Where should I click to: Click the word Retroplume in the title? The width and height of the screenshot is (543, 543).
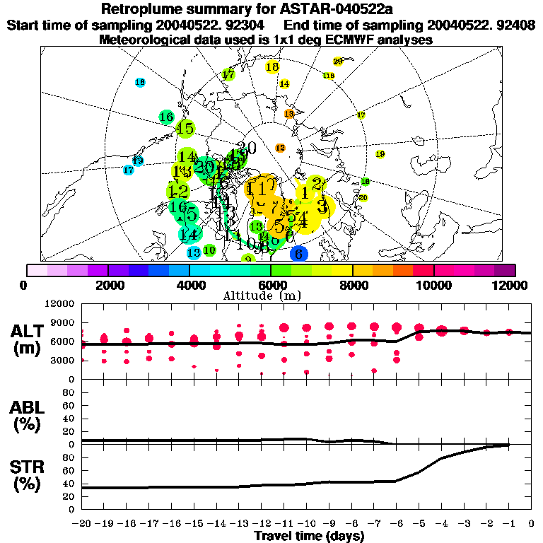click(144, 9)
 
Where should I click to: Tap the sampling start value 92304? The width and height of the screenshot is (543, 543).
click(225, 25)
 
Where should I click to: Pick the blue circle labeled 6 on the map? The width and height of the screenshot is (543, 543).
click(298, 254)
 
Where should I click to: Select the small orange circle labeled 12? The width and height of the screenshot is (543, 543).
click(280, 148)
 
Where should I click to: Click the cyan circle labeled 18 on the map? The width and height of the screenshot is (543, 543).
click(140, 83)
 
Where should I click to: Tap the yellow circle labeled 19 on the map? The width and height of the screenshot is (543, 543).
click(380, 154)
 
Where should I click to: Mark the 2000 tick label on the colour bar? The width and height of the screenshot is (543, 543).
click(107, 285)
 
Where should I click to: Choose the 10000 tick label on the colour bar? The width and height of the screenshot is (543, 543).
click(434, 285)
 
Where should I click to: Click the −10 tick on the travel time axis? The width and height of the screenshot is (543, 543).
click(309, 524)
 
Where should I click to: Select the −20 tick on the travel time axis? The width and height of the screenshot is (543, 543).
click(83, 524)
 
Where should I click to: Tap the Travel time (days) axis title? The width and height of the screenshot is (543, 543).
click(309, 536)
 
